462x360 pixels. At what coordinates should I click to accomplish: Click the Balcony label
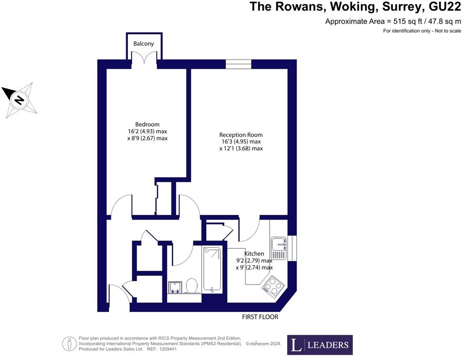tap(144, 44)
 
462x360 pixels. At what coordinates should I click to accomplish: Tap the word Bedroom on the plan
tap(147, 125)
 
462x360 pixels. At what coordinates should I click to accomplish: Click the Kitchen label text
tap(254, 254)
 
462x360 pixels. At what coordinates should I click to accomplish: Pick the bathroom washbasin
tap(175, 287)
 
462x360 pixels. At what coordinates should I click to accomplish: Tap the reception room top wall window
tap(238, 64)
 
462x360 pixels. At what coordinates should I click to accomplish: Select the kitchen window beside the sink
tap(292, 248)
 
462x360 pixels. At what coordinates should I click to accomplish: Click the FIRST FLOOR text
tap(260, 317)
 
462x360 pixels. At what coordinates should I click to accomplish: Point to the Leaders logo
tap(320, 345)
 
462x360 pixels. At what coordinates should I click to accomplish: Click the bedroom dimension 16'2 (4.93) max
tap(147, 131)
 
